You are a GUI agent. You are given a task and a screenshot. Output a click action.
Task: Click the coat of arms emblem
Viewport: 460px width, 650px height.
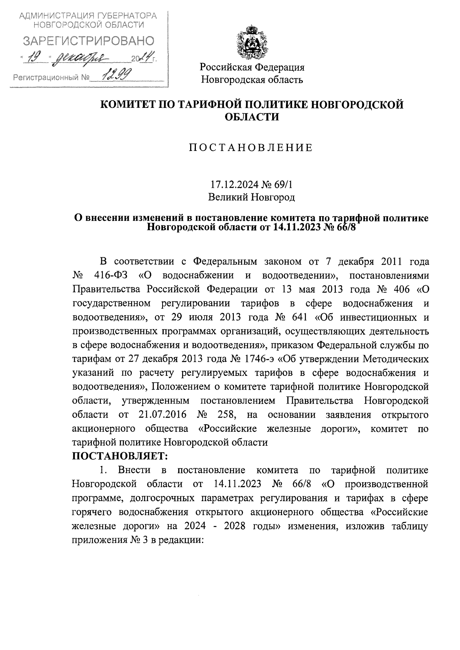pyautogui.click(x=251, y=41)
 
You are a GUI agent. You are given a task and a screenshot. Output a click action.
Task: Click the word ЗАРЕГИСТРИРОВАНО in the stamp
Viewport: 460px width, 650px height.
pyautogui.click(x=89, y=41)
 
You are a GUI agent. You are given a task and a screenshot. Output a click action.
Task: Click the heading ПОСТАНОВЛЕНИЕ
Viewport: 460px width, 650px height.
pyautogui.click(x=251, y=148)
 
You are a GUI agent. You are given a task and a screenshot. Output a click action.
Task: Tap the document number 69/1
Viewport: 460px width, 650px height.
pyautogui.click(x=284, y=185)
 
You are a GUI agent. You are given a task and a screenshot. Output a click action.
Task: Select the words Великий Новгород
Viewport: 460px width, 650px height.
pyautogui.click(x=251, y=197)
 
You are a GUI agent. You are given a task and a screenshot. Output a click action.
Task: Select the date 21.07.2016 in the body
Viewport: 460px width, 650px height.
pyautogui.click(x=161, y=415)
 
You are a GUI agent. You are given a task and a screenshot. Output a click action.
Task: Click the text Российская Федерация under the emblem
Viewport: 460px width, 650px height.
pyautogui.click(x=252, y=68)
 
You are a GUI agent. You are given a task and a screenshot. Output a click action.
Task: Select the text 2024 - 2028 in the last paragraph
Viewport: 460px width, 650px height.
pyautogui.click(x=224, y=526)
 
